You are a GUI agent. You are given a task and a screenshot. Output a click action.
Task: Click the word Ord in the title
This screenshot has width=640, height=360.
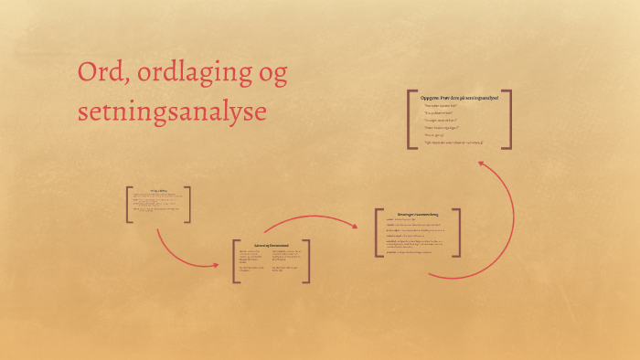(101, 75)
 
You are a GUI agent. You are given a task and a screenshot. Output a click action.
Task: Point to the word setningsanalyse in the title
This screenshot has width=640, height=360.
(173, 111)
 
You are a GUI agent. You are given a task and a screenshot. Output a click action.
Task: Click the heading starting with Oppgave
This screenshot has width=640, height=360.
(459, 97)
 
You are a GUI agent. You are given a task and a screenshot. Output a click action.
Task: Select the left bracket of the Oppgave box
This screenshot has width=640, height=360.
(410, 119)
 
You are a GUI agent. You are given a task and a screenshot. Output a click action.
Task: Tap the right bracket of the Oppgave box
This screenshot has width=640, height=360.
(509, 119)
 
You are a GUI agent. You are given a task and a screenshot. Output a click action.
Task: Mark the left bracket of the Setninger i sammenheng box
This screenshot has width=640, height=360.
(378, 232)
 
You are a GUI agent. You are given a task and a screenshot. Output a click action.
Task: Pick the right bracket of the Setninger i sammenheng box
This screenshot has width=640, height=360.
(457, 232)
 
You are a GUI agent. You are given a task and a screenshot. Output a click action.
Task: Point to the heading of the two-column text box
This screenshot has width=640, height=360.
(272, 245)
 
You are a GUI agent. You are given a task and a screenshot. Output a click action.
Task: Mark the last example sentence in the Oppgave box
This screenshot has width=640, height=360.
(453, 143)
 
